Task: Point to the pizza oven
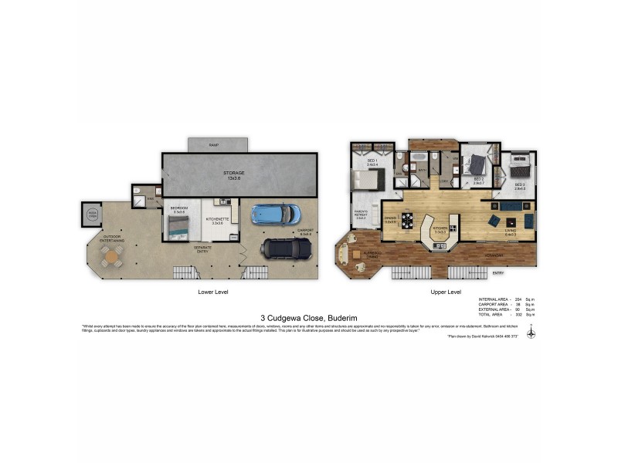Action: pyautogui.click(x=92, y=215)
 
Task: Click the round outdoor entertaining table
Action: pyautogui.click(x=113, y=255)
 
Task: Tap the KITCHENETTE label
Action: pyautogui.click(x=215, y=218)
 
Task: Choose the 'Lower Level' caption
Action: pyautogui.click(x=213, y=292)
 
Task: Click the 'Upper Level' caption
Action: pyautogui.click(x=445, y=292)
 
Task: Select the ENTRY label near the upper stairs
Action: pyautogui.click(x=498, y=272)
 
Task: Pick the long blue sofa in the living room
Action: pyautogui.click(x=511, y=207)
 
